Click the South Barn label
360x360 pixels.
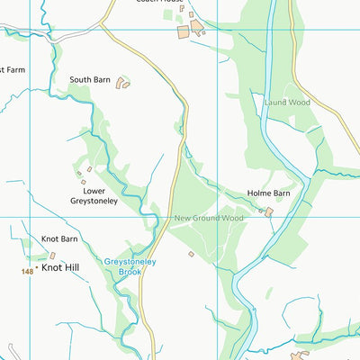click(x=90, y=80)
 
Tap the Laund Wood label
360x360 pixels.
click(x=286, y=103)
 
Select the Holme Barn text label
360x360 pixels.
click(x=269, y=193)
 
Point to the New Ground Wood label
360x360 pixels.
click(x=209, y=218)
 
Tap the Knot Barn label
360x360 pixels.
click(x=59, y=239)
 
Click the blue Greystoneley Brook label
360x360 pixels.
click(x=130, y=266)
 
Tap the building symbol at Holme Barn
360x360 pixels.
click(x=268, y=211)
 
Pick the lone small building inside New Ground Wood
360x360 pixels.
click(x=191, y=254)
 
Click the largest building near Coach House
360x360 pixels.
click(x=184, y=31)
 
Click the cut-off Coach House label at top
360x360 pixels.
click(x=156, y=3)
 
